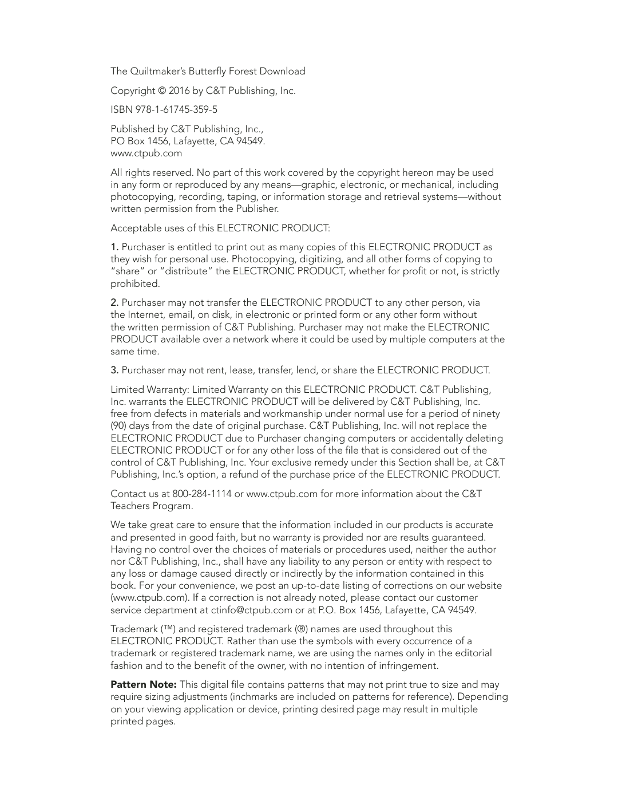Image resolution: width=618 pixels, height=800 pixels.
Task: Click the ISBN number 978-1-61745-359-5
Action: (176, 109)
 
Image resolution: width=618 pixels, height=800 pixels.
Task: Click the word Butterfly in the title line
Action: (207, 71)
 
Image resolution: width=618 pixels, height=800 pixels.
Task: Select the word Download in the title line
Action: (282, 71)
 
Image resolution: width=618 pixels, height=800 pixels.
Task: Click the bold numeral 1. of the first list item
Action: (114, 247)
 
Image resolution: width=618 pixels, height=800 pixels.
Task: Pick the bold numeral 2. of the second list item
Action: (114, 302)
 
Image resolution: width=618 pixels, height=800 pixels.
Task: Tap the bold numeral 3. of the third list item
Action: (114, 370)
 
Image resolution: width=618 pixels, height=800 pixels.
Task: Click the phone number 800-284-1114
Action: (202, 494)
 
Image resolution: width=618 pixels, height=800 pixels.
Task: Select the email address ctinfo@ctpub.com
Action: (252, 610)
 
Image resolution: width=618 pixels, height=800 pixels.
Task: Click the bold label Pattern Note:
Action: (144, 684)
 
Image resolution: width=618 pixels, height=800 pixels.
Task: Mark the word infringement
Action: (410, 665)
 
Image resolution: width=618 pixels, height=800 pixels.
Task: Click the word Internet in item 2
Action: (146, 314)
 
